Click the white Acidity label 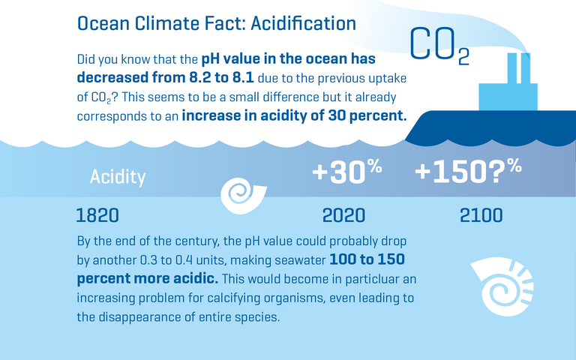click(118, 177)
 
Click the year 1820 click(97, 216)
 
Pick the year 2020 click(343, 216)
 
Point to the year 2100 click(481, 216)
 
